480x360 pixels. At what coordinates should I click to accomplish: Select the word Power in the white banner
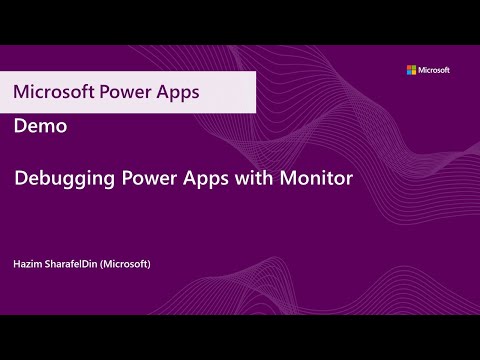(x=125, y=91)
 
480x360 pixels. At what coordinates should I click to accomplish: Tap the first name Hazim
(x=27, y=264)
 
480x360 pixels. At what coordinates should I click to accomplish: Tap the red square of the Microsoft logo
(x=408, y=68)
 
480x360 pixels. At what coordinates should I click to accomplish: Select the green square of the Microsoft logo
(x=413, y=68)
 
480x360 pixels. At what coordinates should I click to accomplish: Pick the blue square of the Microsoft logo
(x=408, y=73)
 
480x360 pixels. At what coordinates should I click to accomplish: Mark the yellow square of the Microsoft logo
(x=413, y=73)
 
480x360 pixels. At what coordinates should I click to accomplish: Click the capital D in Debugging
(x=20, y=180)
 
